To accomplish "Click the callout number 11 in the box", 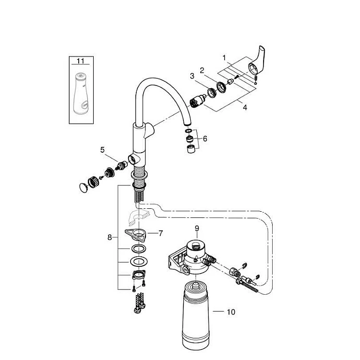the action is [x=80, y=61].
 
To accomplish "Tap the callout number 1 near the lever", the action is [x=224, y=58].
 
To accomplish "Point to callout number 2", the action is [x=202, y=71].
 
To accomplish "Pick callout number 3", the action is [x=192, y=76].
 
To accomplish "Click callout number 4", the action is [x=245, y=107].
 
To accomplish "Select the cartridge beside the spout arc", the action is [x=197, y=101].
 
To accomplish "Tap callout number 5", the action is [x=102, y=150].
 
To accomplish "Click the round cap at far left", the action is [x=84, y=188].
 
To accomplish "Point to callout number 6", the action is [x=205, y=139].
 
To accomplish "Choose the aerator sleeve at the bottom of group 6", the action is [x=191, y=149].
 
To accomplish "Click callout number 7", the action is [x=160, y=233].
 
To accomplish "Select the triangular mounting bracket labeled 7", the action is [x=136, y=235].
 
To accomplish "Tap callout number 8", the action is [x=109, y=238].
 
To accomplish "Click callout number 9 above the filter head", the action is [x=197, y=228].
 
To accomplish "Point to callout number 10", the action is [x=231, y=312].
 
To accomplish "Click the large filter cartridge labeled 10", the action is [x=195, y=316].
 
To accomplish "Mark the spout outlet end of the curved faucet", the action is [x=188, y=124].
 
